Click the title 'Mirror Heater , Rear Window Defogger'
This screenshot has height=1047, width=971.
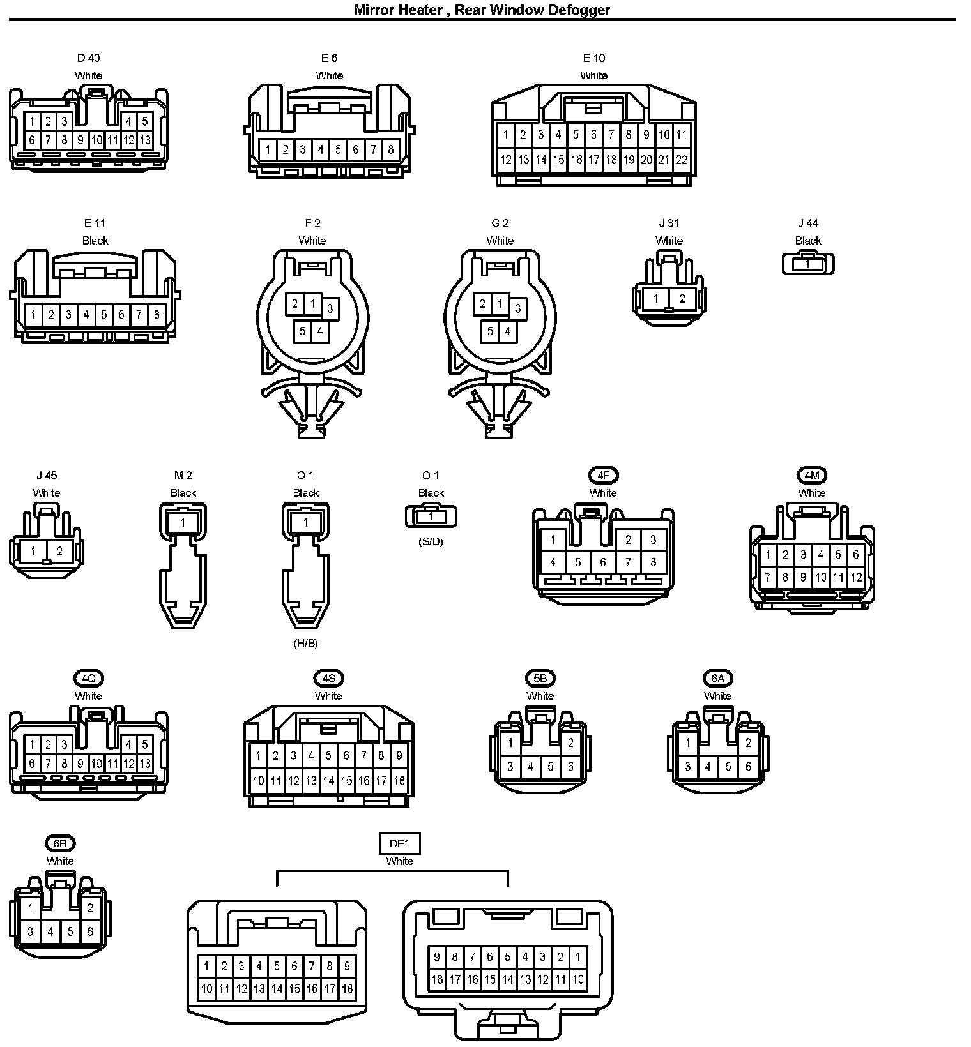[482, 10]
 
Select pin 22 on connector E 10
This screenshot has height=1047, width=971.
[682, 160]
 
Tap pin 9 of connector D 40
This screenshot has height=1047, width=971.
[80, 140]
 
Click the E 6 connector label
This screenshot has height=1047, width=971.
[329, 58]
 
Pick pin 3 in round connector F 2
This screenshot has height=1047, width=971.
[330, 309]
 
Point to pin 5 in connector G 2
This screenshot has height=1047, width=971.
[490, 331]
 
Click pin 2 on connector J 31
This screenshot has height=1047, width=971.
[682, 298]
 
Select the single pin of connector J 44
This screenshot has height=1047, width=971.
[807, 264]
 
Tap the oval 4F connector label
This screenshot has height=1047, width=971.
[603, 476]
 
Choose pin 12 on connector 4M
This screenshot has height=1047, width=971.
[856, 578]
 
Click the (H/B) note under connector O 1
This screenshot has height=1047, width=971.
[305, 644]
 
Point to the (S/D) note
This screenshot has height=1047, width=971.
[431, 542]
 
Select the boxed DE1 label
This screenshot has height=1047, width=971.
[399, 843]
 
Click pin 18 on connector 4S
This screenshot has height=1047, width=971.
[399, 780]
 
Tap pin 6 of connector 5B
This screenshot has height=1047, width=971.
[570, 767]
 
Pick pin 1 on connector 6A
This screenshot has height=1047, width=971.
[688, 742]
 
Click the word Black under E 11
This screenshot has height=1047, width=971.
[95, 241]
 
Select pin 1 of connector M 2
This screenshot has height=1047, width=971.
[183, 522]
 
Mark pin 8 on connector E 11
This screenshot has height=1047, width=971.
[157, 314]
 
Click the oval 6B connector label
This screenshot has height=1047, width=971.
[60, 843]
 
